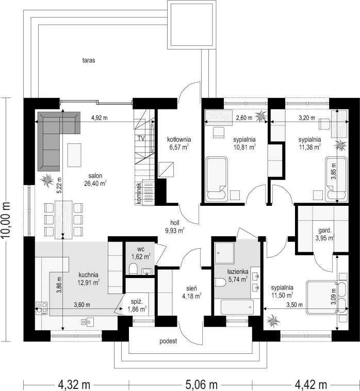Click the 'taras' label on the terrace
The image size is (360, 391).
89,60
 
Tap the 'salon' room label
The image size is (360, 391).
95,176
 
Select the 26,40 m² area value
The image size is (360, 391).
95,184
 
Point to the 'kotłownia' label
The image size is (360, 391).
179,139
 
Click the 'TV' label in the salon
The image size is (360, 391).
141,138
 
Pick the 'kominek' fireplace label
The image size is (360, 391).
138,193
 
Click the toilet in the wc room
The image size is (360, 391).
133,268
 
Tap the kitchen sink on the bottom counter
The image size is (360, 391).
87,322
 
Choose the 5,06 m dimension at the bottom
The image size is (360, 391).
202,384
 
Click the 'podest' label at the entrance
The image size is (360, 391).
168,341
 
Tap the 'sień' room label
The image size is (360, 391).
192,288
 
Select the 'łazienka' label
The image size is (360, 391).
237,271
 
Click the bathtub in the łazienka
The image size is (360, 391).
237,307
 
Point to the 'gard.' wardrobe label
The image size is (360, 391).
324,231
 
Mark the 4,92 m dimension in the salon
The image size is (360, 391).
99,118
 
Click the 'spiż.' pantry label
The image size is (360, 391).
137,302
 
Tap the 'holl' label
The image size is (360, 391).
175,223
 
